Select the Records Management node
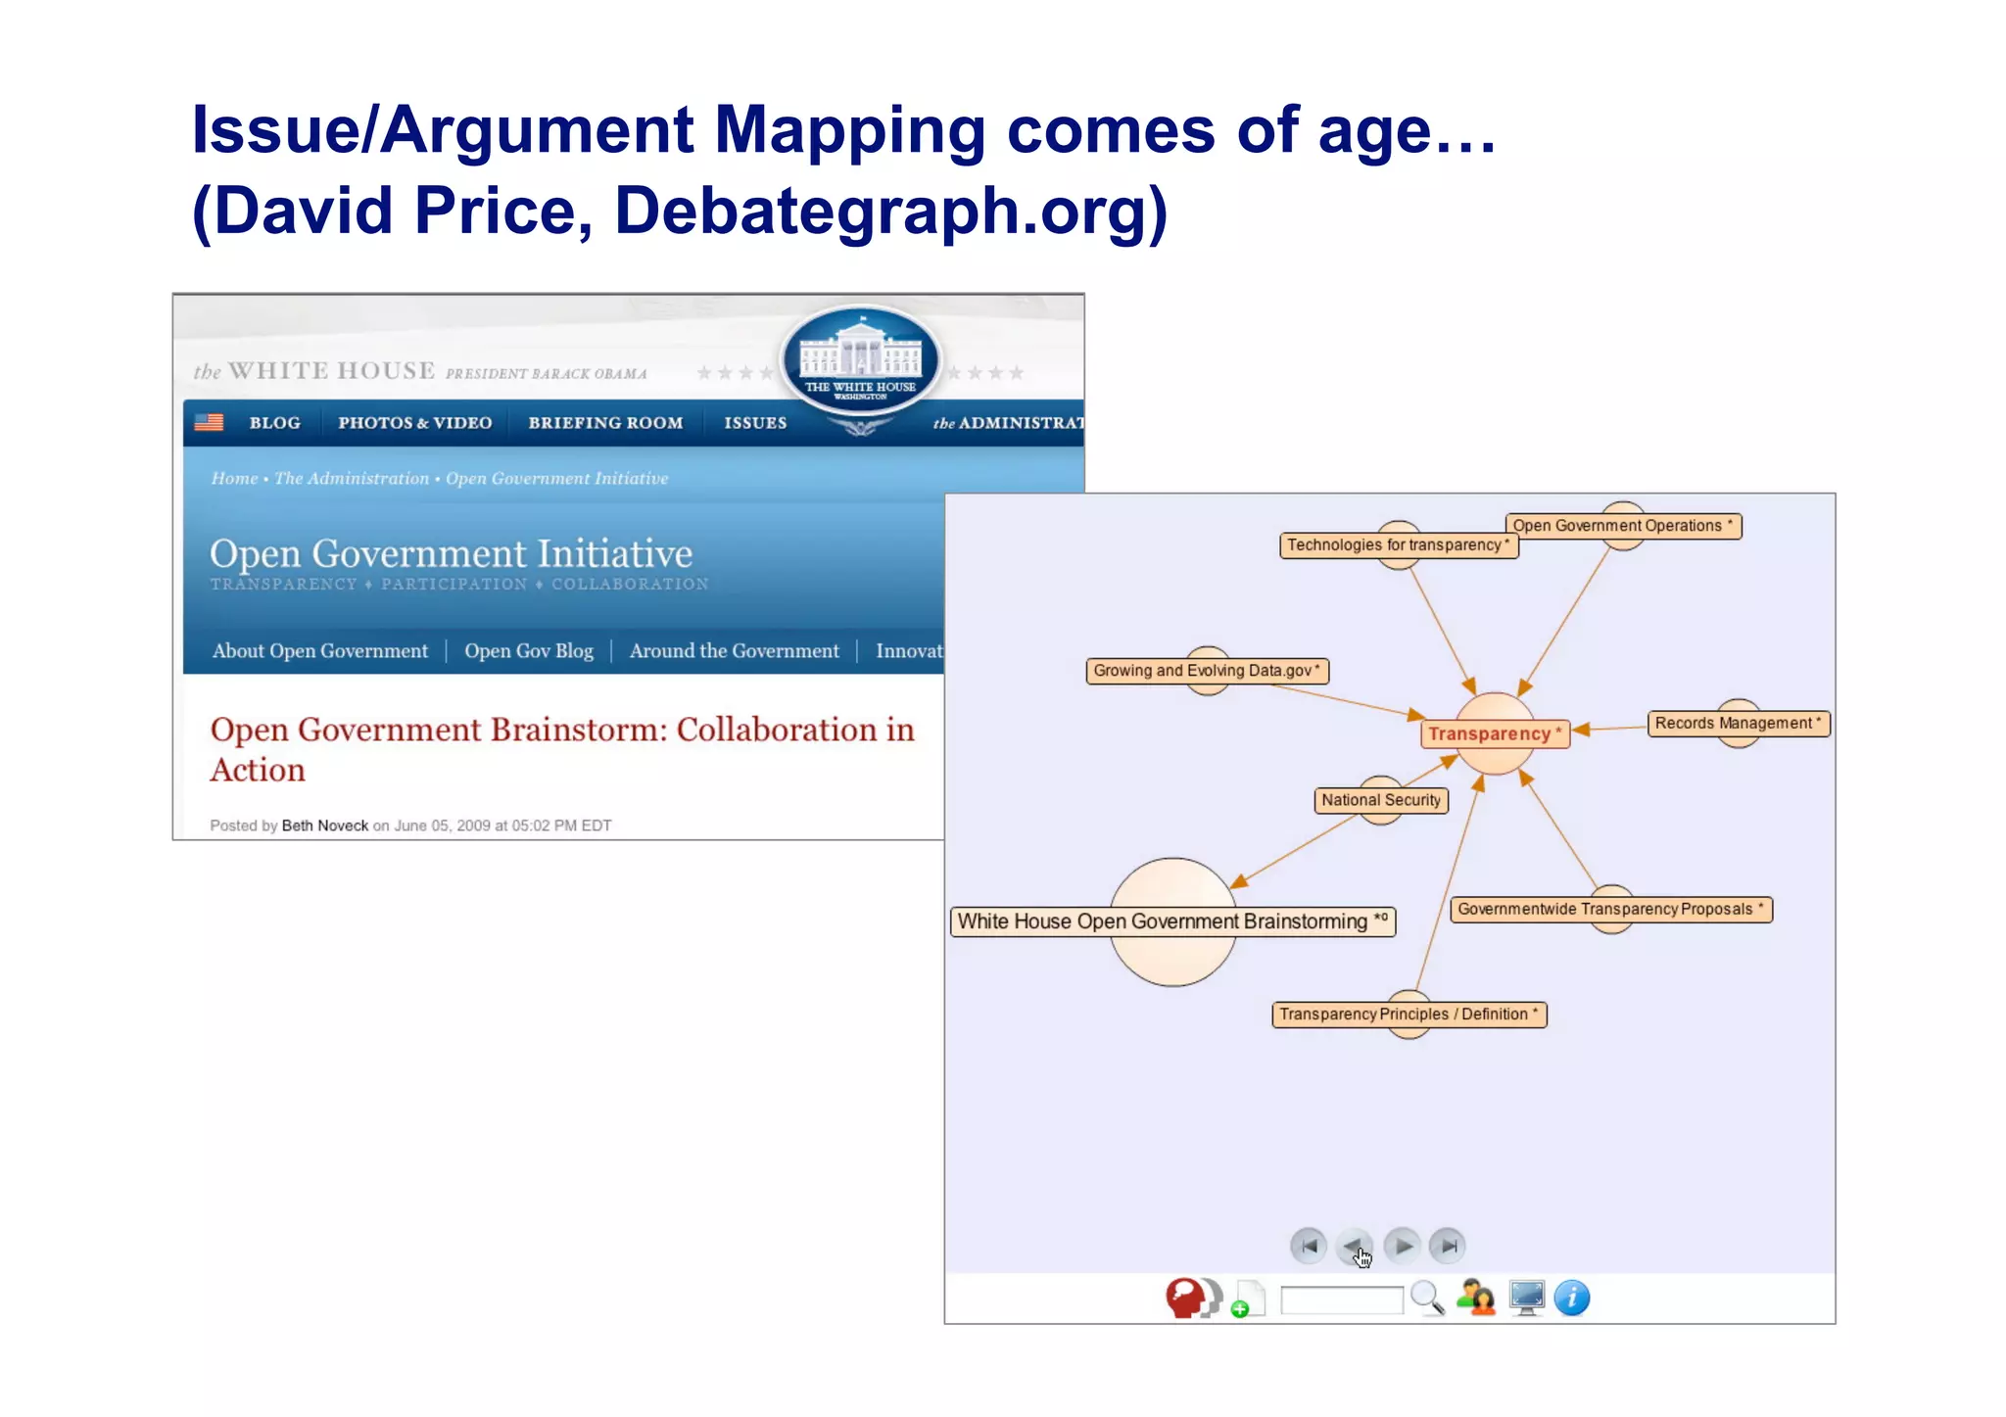point(1737,724)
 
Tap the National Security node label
point(1380,800)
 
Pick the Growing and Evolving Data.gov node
point(1206,671)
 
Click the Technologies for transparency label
point(1398,545)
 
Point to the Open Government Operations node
point(1621,526)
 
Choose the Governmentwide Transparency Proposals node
point(1609,909)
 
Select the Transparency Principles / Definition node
point(1408,1015)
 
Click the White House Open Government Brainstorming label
point(1171,921)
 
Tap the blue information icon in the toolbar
point(1571,1299)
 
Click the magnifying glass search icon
point(1427,1299)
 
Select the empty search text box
point(1341,1300)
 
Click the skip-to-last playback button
point(1447,1246)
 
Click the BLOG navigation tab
point(274,423)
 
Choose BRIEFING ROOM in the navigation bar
point(605,423)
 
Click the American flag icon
point(209,422)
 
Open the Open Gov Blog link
point(528,651)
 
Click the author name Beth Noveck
point(324,826)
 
